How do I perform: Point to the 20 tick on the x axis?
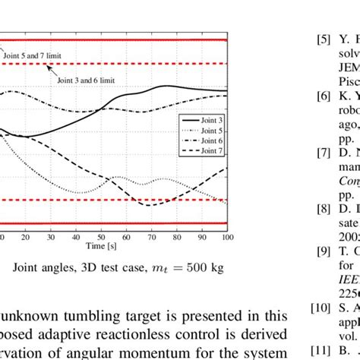(27, 237)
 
